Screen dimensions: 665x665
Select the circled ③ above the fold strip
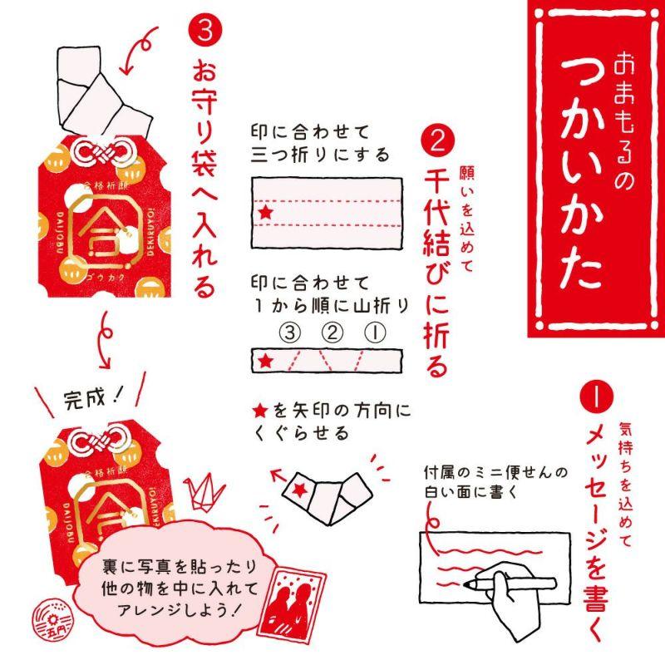click(x=288, y=333)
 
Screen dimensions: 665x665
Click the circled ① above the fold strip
click(x=374, y=333)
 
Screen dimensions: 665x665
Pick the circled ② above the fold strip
click(x=332, y=333)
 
